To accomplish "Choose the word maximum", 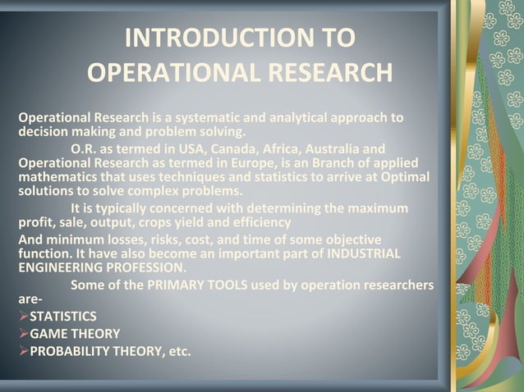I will tap(373, 207).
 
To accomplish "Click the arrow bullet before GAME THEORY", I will tap(24, 334).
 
